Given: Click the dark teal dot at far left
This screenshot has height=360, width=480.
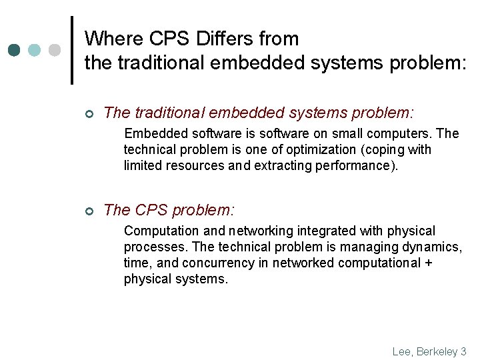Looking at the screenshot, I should tap(15, 50).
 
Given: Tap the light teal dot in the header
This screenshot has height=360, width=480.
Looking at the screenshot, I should tap(35, 50).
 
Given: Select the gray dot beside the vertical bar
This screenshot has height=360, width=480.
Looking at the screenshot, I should tap(55, 50).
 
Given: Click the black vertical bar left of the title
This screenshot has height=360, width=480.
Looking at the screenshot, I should tap(72, 50).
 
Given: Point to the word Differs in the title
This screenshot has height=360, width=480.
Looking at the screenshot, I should tap(211, 38).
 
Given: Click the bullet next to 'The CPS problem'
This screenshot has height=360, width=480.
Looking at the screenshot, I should tap(89, 211).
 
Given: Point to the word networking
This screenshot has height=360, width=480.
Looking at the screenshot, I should tap(260, 231).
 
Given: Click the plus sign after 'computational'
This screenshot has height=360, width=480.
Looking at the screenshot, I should tap(427, 263).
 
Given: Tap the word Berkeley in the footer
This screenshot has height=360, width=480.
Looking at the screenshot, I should tap(436, 351).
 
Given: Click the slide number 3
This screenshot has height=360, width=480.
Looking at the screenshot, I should tap(463, 351).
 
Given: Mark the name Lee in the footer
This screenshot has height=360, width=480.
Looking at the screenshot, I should tap(402, 351).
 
